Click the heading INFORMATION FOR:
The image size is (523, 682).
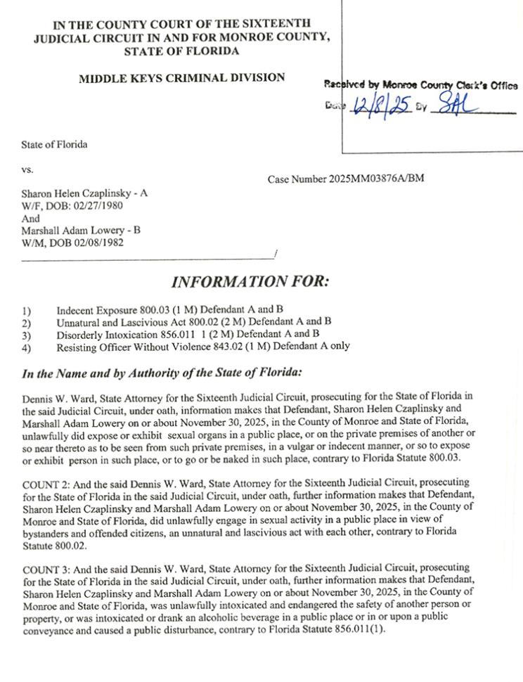coord(250,283)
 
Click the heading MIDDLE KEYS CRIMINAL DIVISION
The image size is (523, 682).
coord(181,78)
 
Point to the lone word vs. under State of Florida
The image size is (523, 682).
coord(27,169)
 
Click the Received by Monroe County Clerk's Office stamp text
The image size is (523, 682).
coord(421,86)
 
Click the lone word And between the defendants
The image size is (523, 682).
coord(30,218)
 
